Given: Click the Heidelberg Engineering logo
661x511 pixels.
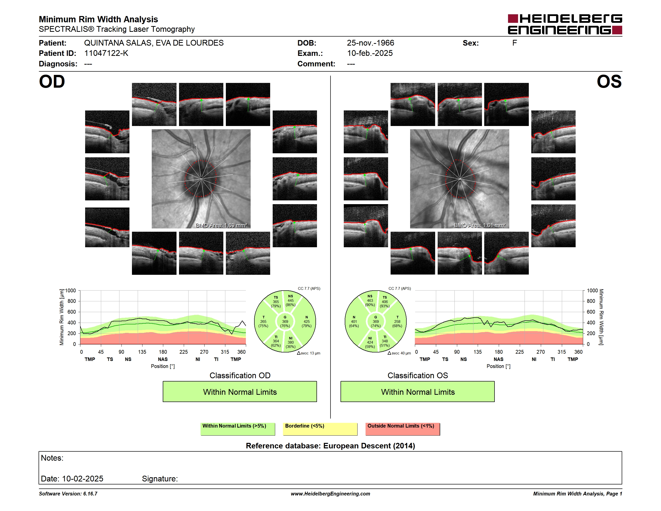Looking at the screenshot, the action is click(x=565, y=24).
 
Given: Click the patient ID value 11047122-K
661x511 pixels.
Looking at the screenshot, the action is click(x=106, y=53).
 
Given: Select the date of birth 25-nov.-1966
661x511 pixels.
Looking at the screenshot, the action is click(x=371, y=43).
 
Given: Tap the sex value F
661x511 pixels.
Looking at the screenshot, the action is click(x=515, y=43).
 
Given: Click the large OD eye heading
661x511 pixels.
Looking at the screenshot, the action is click(x=52, y=81).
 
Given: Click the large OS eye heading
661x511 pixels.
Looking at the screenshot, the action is click(x=609, y=81).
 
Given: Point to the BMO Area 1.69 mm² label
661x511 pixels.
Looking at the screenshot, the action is click(x=221, y=225).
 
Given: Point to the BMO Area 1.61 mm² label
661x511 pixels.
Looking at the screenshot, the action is click(x=480, y=225).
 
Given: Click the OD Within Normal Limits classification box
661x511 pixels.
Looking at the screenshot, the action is click(x=240, y=392).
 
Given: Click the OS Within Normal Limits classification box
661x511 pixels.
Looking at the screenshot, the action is click(x=418, y=392).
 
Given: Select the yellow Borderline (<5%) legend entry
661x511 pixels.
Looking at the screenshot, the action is click(x=320, y=429).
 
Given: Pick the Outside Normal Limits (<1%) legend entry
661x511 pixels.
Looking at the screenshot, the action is click(x=403, y=429).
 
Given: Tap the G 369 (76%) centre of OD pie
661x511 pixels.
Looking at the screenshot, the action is click(x=285, y=321).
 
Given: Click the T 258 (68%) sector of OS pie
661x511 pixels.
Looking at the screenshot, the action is click(x=397, y=321).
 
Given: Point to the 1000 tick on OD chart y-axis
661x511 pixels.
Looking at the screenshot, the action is click(x=71, y=291).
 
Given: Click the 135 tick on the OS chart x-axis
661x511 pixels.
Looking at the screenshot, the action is click(x=477, y=352).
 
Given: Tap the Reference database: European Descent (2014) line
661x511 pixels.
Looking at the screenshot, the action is click(x=330, y=446).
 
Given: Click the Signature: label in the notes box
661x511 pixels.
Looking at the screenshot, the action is click(x=160, y=479).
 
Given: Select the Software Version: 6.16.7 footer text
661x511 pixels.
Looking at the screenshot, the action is click(x=68, y=494).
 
